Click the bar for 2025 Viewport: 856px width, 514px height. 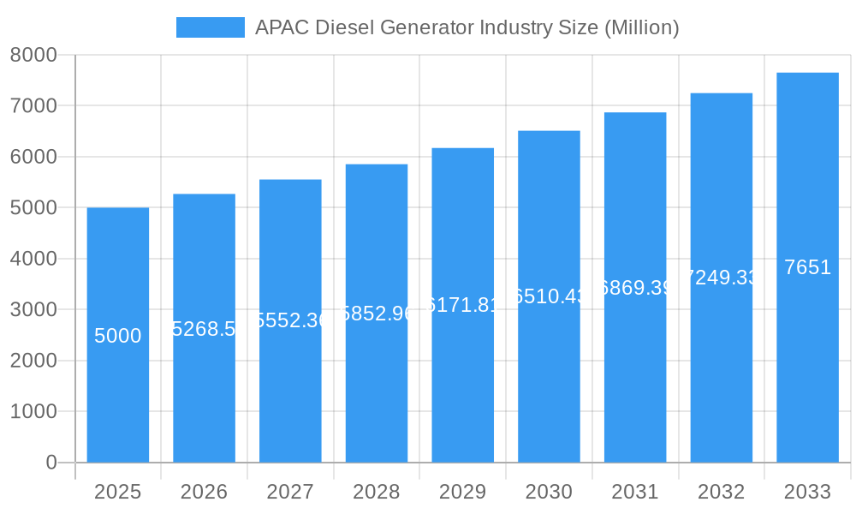(117, 394)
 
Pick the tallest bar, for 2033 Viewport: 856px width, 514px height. (807, 360)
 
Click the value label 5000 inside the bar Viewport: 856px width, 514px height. (117, 336)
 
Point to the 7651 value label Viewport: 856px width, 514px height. (807, 267)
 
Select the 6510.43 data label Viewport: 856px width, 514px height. (549, 296)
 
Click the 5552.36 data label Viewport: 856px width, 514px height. (290, 320)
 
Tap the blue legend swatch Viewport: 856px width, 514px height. (210, 27)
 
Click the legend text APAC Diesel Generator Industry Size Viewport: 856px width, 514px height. (467, 27)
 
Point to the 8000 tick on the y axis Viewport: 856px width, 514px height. (33, 55)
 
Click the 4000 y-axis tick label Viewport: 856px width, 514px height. (33, 259)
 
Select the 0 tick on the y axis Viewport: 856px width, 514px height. (51, 463)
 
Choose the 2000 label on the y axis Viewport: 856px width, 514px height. (33, 361)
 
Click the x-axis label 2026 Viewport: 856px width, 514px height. (204, 492)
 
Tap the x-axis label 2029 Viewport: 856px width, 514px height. (462, 492)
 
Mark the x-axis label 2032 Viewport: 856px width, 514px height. (721, 492)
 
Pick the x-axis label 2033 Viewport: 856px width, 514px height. (807, 492)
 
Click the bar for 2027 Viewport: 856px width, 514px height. (290, 394)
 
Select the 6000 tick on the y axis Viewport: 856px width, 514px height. (33, 157)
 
